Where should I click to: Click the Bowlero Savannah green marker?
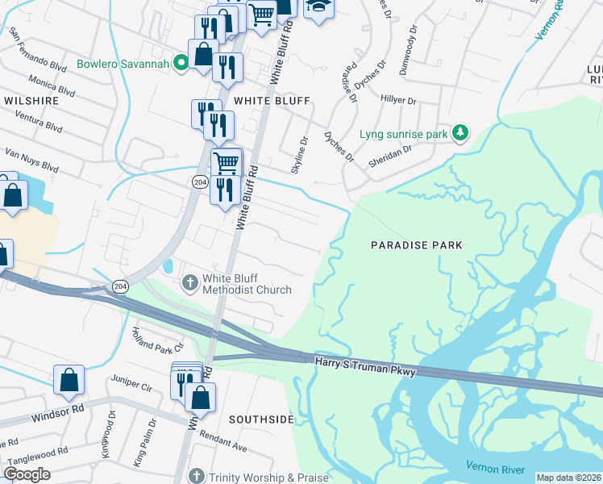point(183,63)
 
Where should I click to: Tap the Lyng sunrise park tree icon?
point(460,132)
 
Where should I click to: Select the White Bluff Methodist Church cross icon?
point(189,282)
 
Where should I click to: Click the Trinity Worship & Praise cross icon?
point(194,478)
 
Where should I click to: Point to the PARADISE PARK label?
point(416,244)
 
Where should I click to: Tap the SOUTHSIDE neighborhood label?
point(260,419)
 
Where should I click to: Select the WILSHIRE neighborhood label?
point(31,101)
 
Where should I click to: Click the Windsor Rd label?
point(58,419)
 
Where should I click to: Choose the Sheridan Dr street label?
point(390,149)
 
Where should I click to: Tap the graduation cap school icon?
point(318,8)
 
